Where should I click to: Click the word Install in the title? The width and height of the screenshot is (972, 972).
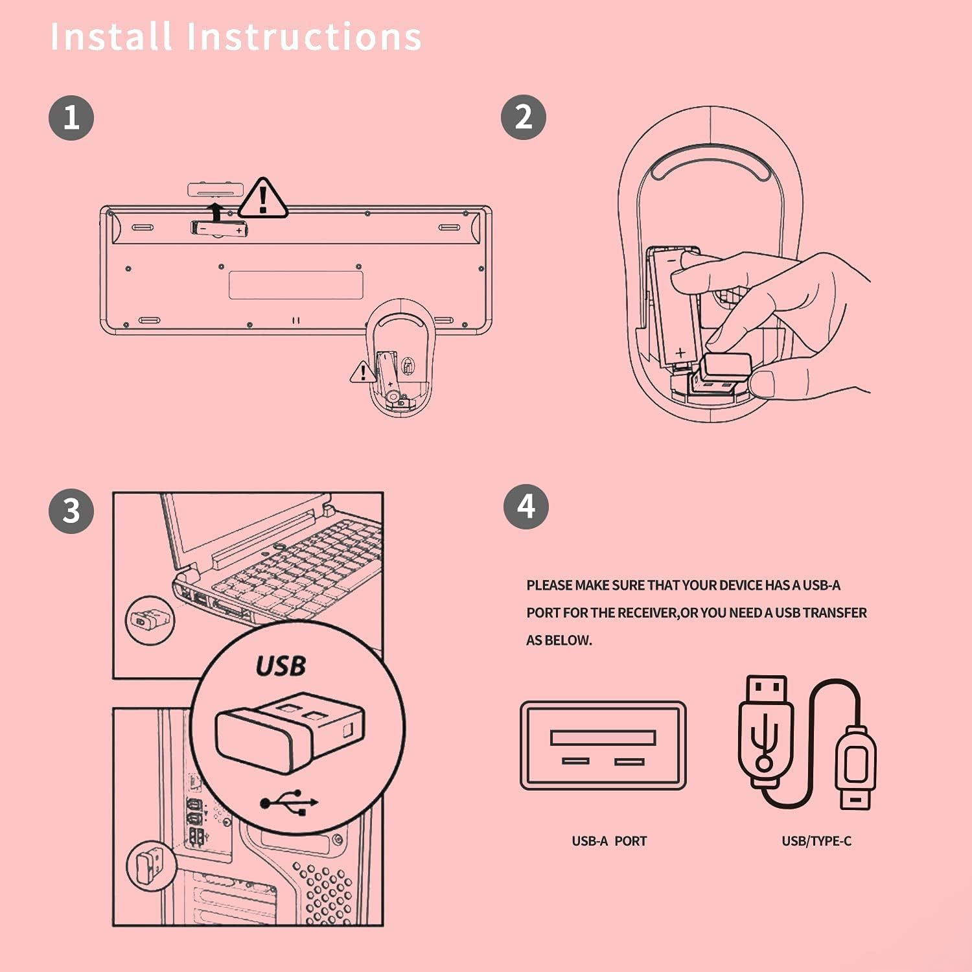pyautogui.click(x=111, y=36)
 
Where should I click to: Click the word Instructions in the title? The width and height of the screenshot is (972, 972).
pyautogui.click(x=305, y=36)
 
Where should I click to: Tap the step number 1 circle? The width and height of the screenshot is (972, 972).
pyautogui.click(x=71, y=118)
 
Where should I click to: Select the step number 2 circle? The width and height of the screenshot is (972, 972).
pyautogui.click(x=524, y=117)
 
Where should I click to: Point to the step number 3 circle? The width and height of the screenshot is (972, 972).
pyautogui.click(x=71, y=511)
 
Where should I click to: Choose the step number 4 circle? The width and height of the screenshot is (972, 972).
pyautogui.click(x=526, y=507)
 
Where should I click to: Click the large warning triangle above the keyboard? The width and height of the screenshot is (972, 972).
pyautogui.click(x=262, y=198)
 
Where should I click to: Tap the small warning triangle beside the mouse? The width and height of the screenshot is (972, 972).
pyautogui.click(x=362, y=373)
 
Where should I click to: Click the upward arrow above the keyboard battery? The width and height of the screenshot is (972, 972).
pyautogui.click(x=215, y=211)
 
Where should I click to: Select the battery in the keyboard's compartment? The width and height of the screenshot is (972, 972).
pyautogui.click(x=220, y=229)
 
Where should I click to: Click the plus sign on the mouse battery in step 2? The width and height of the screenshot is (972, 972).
pyautogui.click(x=680, y=353)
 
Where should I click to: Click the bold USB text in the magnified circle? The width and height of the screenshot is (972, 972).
pyautogui.click(x=281, y=666)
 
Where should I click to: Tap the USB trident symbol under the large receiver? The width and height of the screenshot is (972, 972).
pyautogui.click(x=289, y=802)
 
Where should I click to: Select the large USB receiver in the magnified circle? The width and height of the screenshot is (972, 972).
pyautogui.click(x=289, y=732)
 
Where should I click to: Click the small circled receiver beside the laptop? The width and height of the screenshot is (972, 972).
pyautogui.click(x=150, y=620)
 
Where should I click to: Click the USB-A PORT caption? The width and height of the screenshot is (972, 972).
pyautogui.click(x=609, y=841)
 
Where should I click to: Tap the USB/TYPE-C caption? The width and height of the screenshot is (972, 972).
pyautogui.click(x=816, y=841)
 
